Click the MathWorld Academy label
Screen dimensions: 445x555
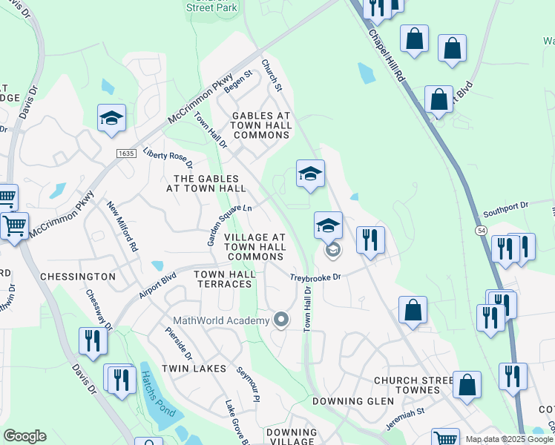pos(220,320)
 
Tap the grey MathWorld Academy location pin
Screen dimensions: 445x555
pos(281,320)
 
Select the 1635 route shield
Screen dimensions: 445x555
pos(126,153)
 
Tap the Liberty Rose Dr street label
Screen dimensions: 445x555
pos(168,156)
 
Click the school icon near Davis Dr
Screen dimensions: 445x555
pos(112,118)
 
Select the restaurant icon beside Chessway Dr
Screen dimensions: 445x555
pos(93,340)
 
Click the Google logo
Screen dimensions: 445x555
pos(24,436)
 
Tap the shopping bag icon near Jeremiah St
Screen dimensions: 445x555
pos(467,385)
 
